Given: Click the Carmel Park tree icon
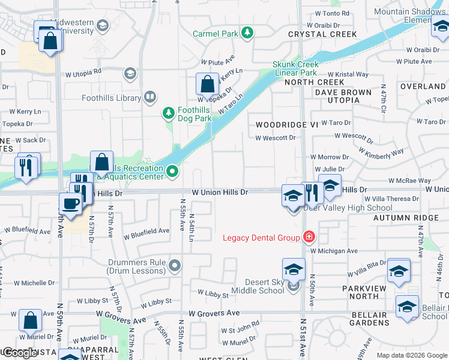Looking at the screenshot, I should pos(247,33).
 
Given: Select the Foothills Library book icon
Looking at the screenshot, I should pos(150,97).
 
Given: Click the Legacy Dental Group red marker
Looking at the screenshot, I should pos(309,237).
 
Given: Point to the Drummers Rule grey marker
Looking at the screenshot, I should pos(175,265).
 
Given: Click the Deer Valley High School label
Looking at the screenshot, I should pos(348,208).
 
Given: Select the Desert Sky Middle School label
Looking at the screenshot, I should pos(264,286).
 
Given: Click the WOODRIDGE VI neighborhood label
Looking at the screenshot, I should pos(286,125).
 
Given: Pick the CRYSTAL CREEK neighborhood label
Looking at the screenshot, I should pos(315,34).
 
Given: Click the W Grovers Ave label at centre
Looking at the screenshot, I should pos(214,313).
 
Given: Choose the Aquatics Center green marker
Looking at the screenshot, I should pos(173,172).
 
